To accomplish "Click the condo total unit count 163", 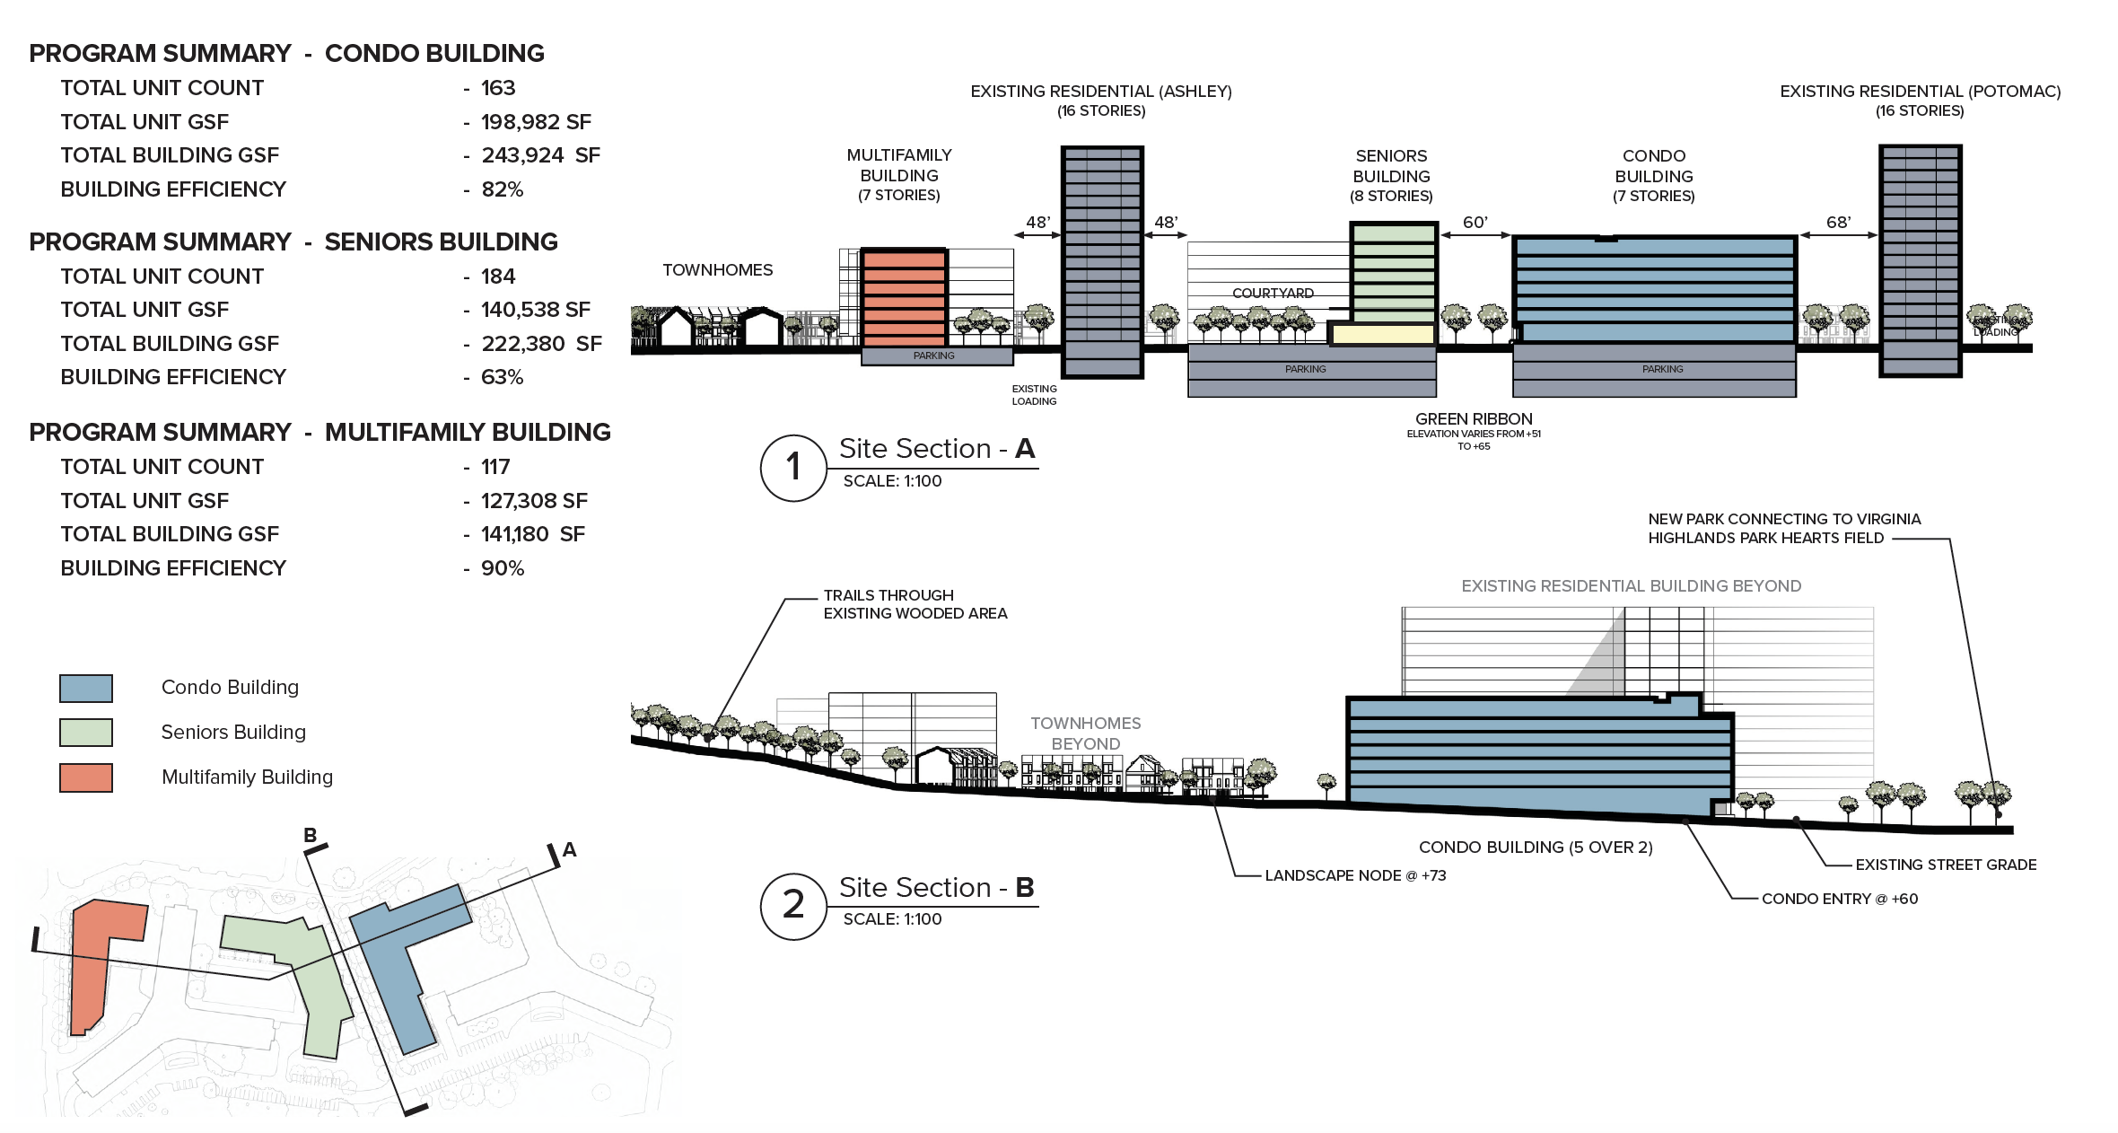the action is (x=498, y=88).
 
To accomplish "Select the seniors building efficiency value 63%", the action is (x=502, y=377).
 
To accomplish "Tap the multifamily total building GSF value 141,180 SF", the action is (x=532, y=534).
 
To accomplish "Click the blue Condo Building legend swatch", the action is (x=86, y=689).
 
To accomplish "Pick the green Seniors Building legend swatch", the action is (x=86, y=733).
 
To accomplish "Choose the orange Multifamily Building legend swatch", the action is (x=86, y=777).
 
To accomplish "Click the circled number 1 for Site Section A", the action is (x=793, y=468).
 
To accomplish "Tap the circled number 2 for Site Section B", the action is (x=793, y=906).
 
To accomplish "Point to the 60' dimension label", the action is (x=1475, y=222).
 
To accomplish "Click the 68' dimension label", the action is (x=1838, y=222).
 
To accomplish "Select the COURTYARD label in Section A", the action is (x=1273, y=294).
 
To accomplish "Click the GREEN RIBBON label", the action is (x=1474, y=419).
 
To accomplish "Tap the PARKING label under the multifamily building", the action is (x=933, y=356).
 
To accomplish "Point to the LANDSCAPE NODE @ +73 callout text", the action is (x=1355, y=875).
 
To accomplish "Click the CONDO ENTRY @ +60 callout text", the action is (x=1839, y=899).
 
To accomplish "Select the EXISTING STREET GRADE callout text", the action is (x=1946, y=865).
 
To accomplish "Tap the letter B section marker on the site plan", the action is (x=311, y=835).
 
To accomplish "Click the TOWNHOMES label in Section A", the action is (x=717, y=270).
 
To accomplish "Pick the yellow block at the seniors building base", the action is (x=1382, y=335).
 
